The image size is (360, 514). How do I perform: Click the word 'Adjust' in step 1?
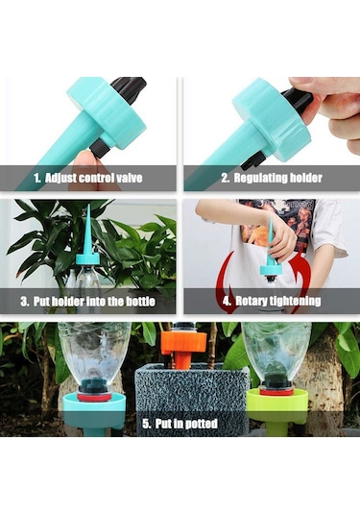pos(60,178)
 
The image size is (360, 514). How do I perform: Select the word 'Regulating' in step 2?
pos(256,178)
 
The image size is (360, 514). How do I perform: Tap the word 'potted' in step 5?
pos(202,424)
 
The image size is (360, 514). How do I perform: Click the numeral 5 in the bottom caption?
pos(146,424)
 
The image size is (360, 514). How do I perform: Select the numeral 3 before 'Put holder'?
pos(24,302)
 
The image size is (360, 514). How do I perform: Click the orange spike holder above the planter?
pos(184,346)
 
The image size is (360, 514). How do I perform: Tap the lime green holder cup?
pos(277,406)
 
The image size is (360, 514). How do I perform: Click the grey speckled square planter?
pos(192,398)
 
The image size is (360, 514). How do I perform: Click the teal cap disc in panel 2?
pos(272,119)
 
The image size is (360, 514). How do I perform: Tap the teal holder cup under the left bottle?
pos(94,408)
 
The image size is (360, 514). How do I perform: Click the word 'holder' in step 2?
pos(302,178)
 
